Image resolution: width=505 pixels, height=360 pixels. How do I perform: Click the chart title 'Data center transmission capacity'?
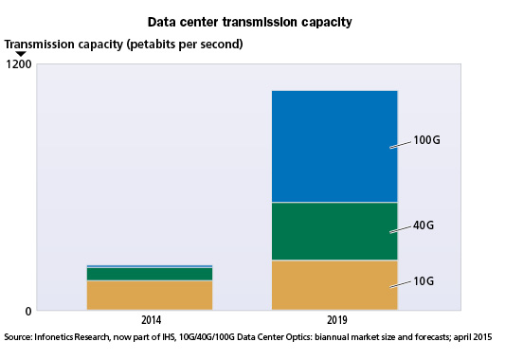252,19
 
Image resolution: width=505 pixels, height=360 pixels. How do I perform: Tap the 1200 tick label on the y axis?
19,64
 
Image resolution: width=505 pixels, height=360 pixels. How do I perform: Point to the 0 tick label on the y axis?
28,311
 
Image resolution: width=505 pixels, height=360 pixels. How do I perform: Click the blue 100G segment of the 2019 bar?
334,146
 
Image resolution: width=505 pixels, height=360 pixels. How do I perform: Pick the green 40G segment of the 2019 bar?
334,231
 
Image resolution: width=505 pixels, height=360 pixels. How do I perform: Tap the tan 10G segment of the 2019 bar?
334,284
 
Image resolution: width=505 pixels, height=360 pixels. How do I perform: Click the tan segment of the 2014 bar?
150,295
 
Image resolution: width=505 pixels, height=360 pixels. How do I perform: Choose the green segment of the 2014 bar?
150,274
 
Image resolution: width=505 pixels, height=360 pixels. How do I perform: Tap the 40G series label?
424,225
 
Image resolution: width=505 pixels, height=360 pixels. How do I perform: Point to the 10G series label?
424,281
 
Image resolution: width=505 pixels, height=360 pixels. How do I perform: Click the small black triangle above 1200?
18,53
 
